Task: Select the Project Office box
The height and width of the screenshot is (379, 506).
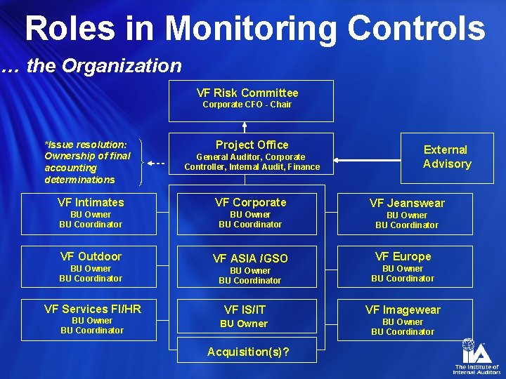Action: click(252, 154)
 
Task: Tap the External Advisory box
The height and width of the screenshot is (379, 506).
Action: click(446, 157)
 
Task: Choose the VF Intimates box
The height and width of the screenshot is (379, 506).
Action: click(91, 213)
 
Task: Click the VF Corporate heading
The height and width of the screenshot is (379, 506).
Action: click(251, 202)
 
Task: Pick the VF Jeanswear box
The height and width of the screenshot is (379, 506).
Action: click(407, 213)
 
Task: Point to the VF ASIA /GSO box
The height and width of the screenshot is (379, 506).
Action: click(249, 268)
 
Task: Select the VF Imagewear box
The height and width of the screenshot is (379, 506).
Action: click(403, 319)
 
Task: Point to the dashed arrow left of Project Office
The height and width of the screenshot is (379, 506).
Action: click(158, 163)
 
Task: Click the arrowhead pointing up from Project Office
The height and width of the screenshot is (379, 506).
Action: click(245, 127)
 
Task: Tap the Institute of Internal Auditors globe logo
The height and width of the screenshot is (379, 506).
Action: click(469, 350)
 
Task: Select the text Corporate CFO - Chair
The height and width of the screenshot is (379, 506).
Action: click(247, 105)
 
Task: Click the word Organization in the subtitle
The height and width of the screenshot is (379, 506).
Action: click(122, 66)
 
